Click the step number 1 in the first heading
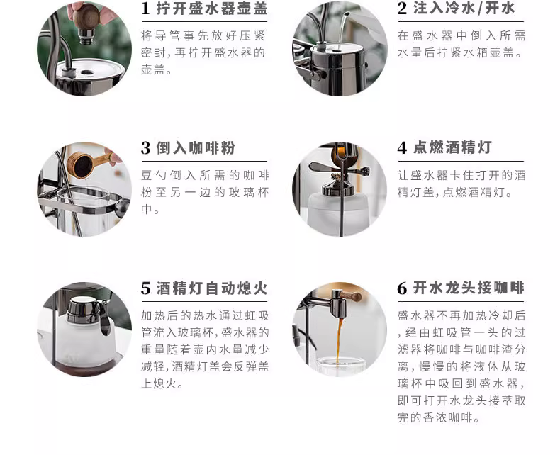[145, 9]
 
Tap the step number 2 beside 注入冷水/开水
[402, 9]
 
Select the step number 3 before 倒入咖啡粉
[146, 148]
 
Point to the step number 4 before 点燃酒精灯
[402, 148]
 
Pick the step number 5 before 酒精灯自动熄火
[146, 288]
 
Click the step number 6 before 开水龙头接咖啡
[402, 288]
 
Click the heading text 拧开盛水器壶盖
[212, 9]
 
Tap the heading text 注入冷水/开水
[464, 9]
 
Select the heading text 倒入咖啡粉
[196, 148]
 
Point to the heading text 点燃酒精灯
[452, 147]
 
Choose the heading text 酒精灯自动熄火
[212, 288]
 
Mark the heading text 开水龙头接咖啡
[469, 288]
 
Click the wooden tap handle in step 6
[352, 296]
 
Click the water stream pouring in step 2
[342, 30]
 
